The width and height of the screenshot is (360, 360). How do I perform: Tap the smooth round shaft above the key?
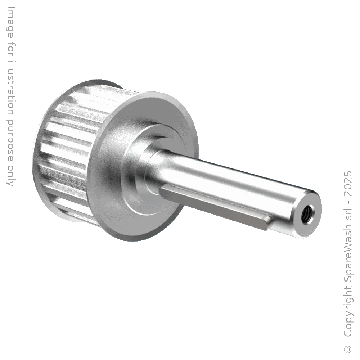[x=230, y=176]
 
